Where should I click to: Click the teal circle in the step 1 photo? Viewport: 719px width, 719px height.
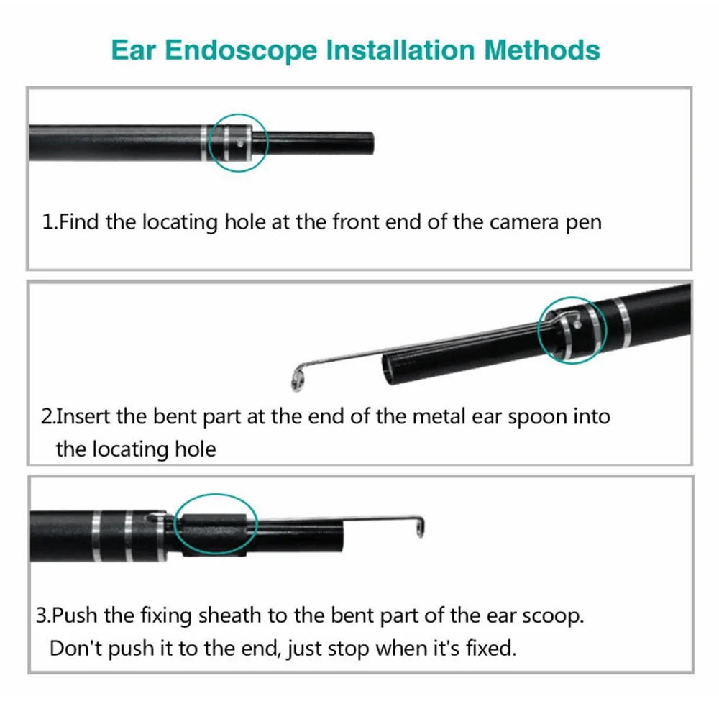[239, 142]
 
